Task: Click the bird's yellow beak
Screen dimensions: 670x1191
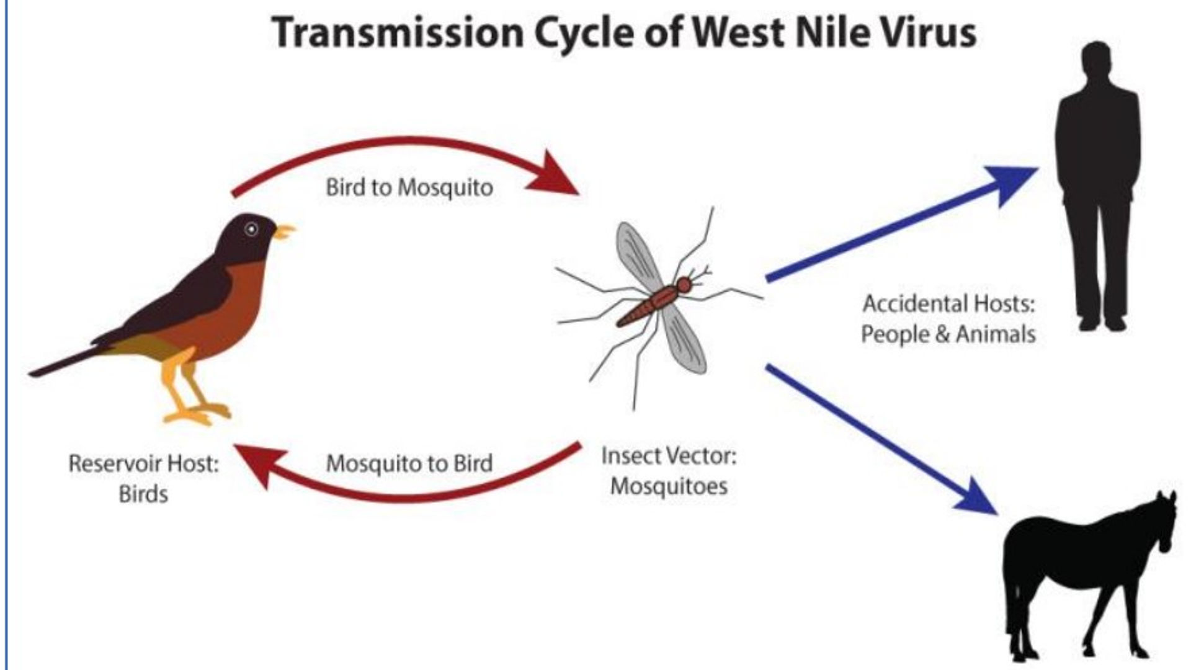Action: (x=285, y=232)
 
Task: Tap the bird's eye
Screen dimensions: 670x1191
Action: (x=251, y=229)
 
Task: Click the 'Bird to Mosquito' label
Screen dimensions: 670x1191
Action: (x=409, y=187)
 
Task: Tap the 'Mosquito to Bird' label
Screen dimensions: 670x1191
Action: (x=409, y=463)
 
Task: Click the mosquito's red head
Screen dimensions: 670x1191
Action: (x=684, y=285)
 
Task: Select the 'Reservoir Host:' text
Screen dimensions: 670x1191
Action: (x=144, y=463)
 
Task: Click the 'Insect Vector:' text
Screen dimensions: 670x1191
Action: (x=669, y=456)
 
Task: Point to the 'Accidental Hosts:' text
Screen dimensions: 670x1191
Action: (x=949, y=304)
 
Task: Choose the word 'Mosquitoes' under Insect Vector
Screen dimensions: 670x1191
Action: (x=669, y=486)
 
